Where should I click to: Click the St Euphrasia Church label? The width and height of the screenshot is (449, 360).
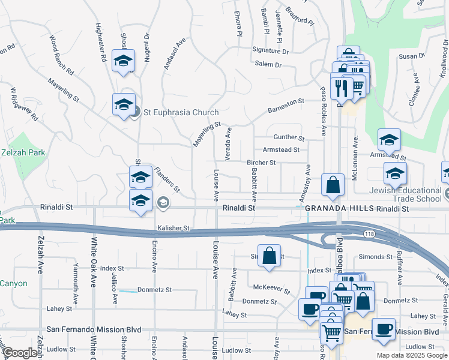click(x=180, y=112)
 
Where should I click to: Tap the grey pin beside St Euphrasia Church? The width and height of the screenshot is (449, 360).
click(x=136, y=112)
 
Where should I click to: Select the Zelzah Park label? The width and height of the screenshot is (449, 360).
click(x=23, y=153)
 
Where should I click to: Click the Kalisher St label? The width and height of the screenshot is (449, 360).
click(x=173, y=229)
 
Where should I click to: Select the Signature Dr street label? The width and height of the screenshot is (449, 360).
click(x=270, y=51)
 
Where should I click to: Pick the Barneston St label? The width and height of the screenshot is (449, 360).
click(x=286, y=106)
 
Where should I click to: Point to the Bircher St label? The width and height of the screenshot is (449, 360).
click(x=261, y=163)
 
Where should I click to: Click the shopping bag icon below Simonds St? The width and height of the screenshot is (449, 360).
click(x=270, y=255)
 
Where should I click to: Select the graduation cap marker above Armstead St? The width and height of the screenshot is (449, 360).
click(x=389, y=140)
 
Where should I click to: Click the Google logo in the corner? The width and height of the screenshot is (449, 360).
click(x=20, y=353)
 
